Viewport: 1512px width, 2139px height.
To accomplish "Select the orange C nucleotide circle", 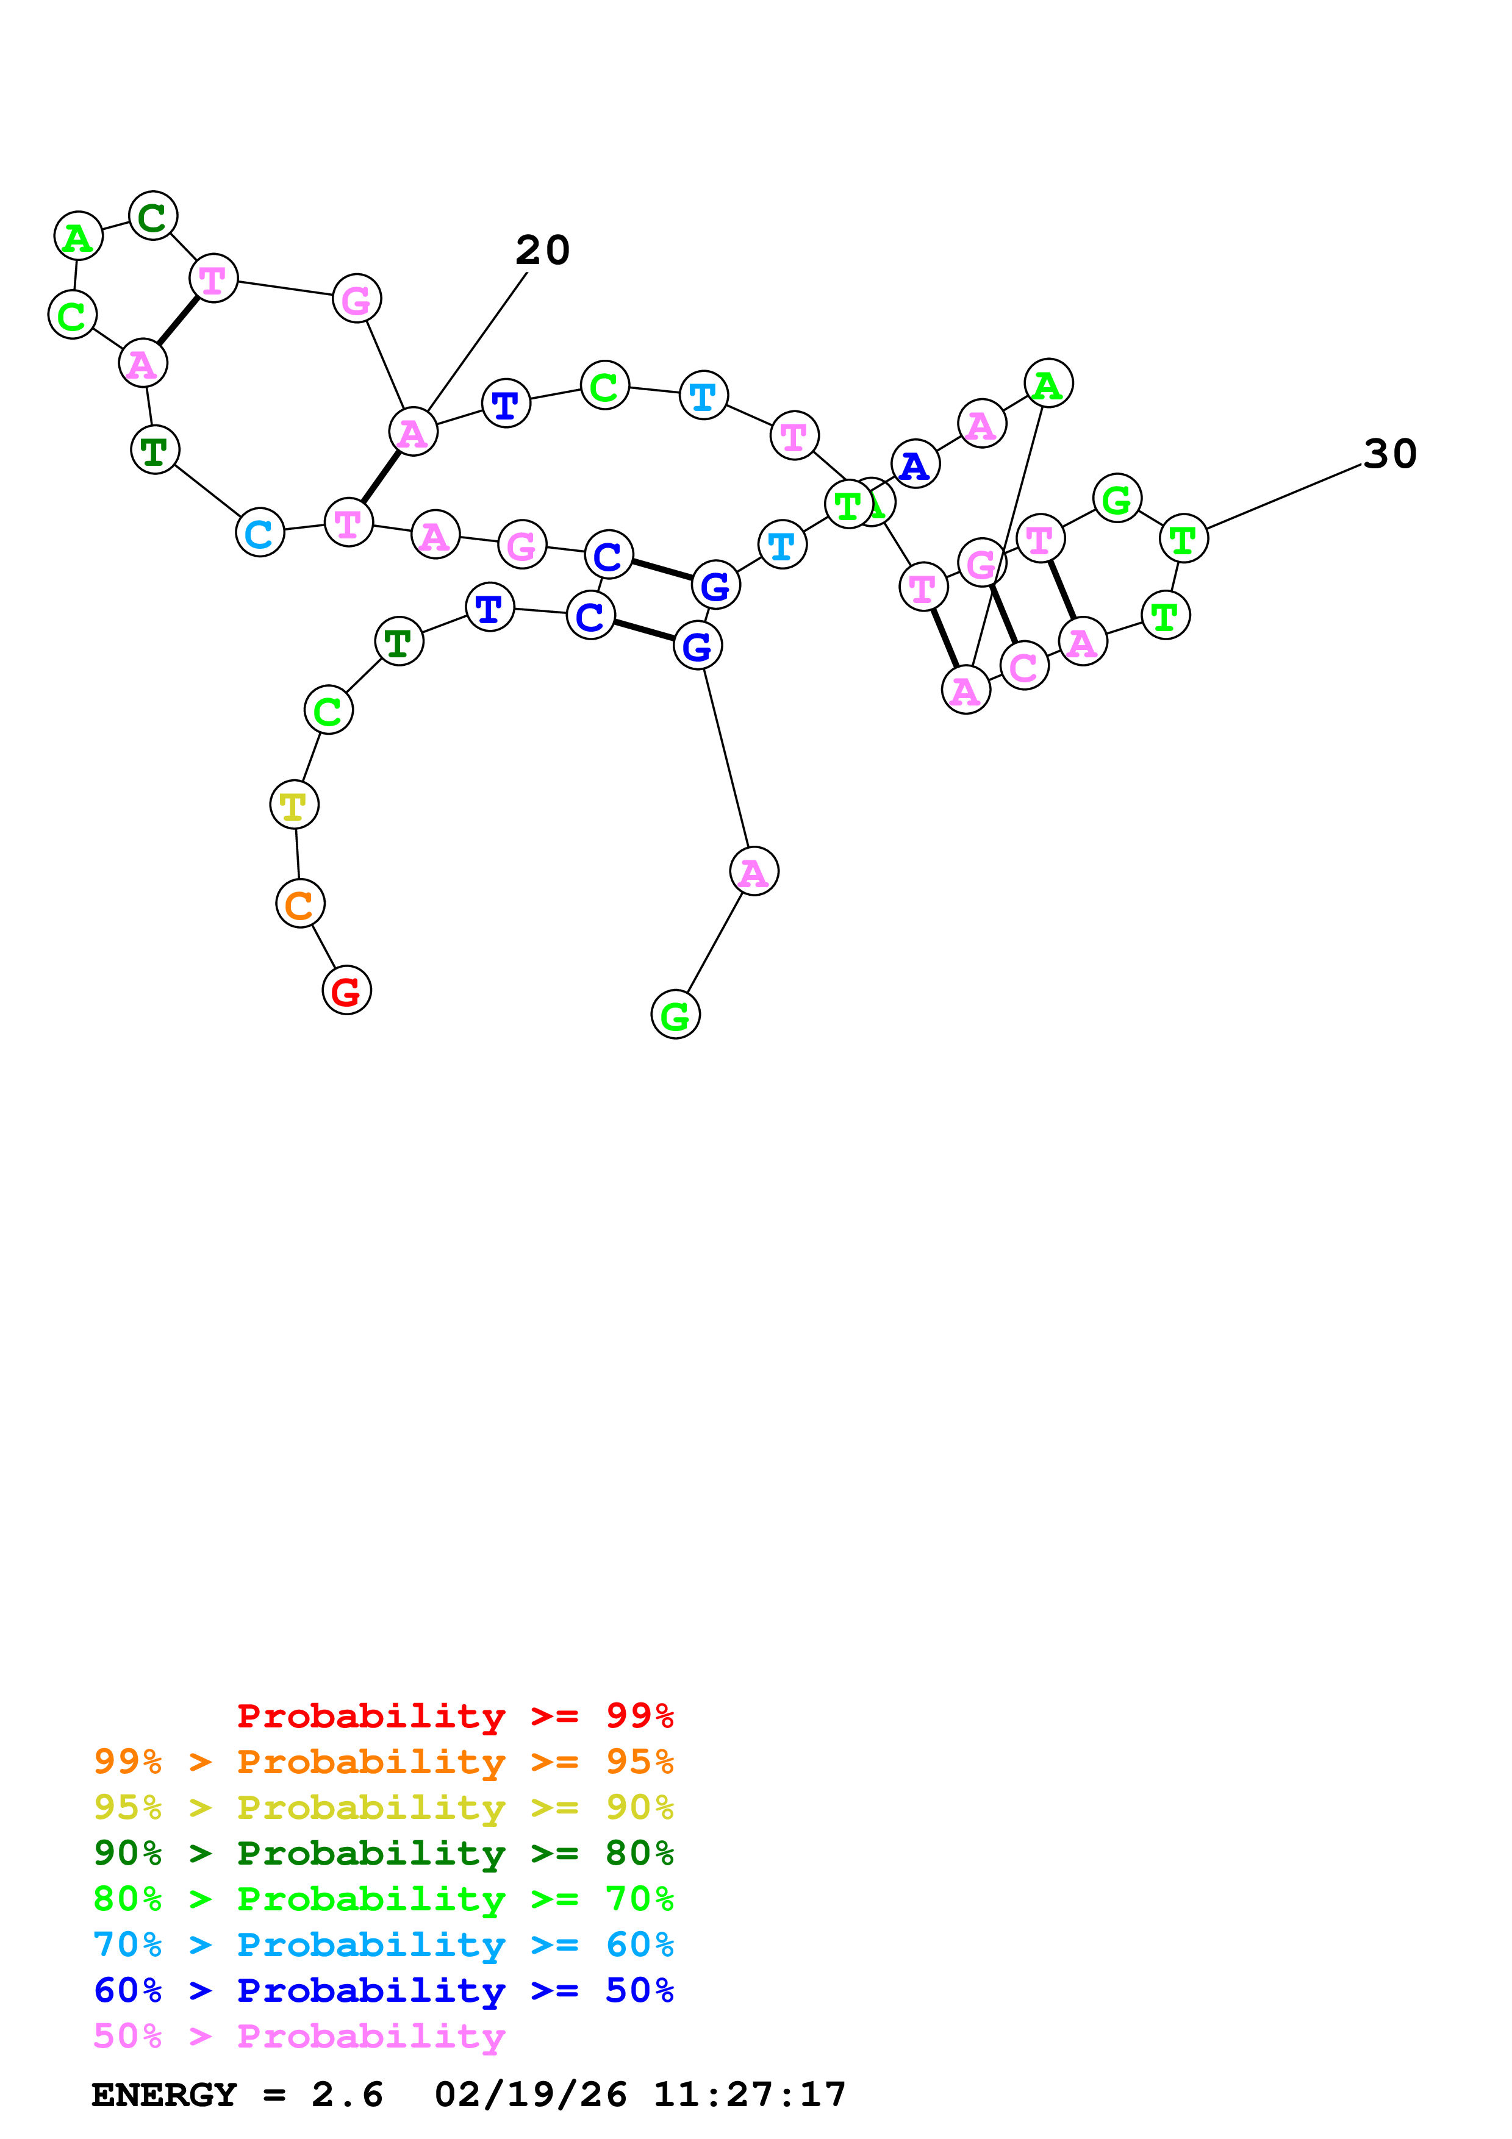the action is (300, 904).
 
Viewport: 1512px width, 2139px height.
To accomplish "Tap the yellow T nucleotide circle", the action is (295, 804).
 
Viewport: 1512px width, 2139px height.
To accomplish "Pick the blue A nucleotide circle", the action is (915, 464).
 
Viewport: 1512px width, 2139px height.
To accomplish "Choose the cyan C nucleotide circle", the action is (260, 533).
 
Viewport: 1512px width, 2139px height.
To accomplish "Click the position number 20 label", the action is (542, 249).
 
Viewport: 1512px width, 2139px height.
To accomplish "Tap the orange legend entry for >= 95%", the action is (383, 1761).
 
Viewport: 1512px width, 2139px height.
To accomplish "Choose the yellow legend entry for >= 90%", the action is (383, 1807).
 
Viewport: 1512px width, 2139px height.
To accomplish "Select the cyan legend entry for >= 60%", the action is (383, 1944).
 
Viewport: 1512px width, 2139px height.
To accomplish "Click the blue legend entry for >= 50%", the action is (383, 1990).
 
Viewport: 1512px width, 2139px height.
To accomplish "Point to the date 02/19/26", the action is (530, 2094).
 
